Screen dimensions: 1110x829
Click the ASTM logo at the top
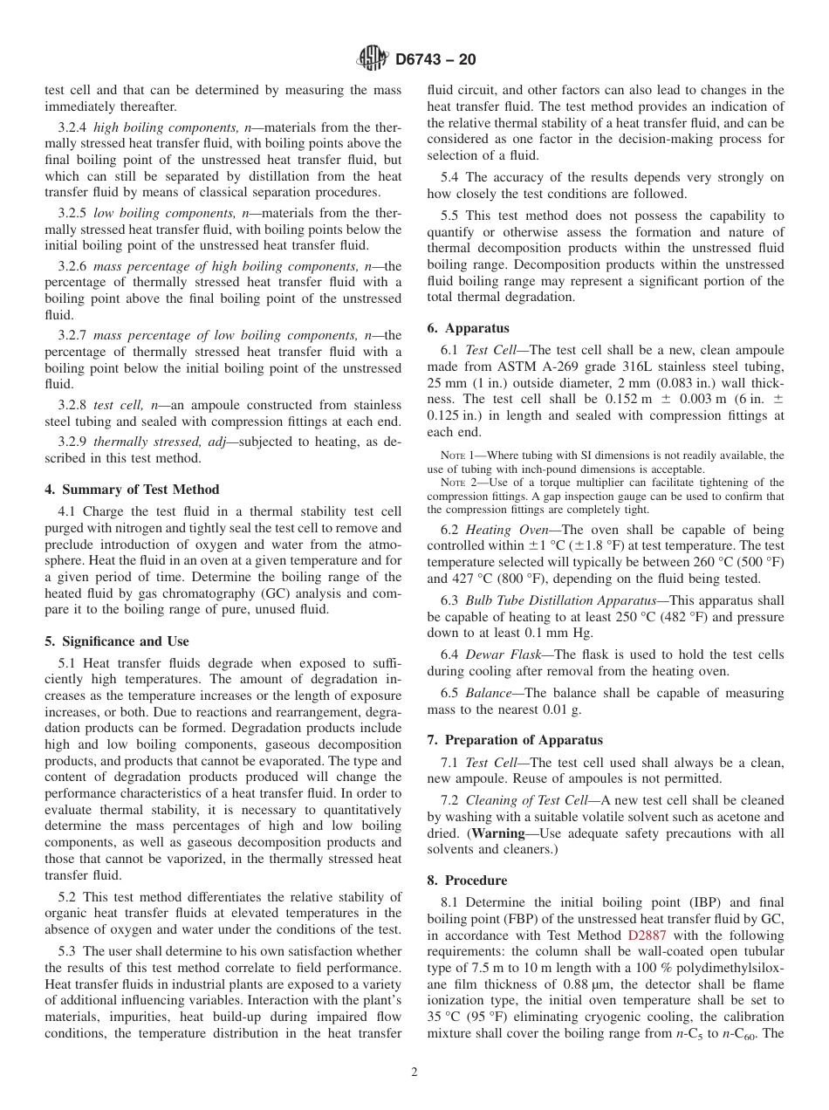click(x=373, y=60)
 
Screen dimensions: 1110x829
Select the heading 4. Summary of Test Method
click(x=132, y=489)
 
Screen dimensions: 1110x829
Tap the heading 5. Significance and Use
click(x=117, y=641)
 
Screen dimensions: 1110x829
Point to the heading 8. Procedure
click(x=467, y=880)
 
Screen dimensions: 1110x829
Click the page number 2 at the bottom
click(x=414, y=1072)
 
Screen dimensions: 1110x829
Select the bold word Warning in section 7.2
click(x=500, y=832)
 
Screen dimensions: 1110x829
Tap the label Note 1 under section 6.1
click(x=458, y=456)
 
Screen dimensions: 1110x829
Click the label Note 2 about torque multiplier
click(x=458, y=483)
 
